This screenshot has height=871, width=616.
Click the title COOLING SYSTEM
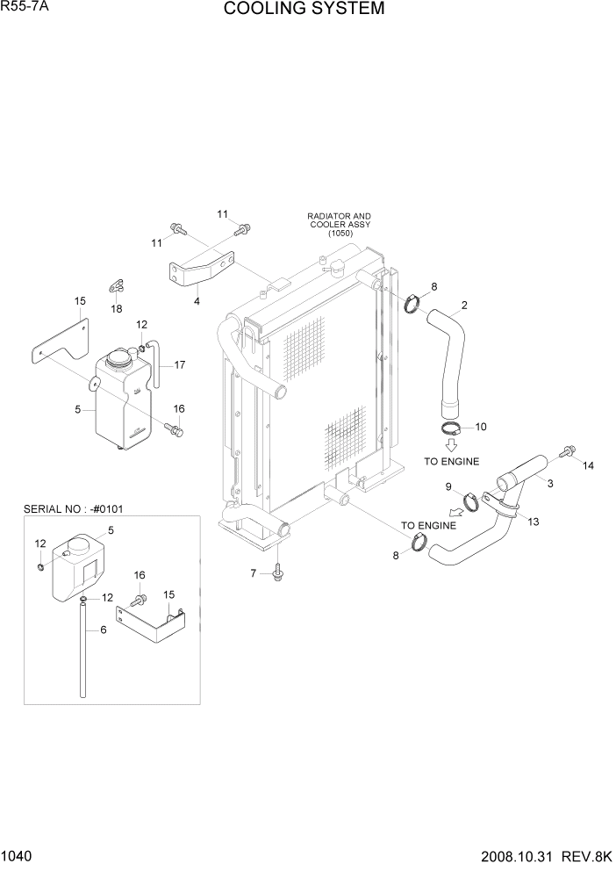click(x=304, y=10)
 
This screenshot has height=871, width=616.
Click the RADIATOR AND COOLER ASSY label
click(x=339, y=224)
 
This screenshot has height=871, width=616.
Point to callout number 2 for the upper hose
click(x=463, y=306)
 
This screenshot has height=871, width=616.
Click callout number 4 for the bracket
click(x=197, y=301)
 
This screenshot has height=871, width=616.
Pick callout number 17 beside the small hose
click(x=179, y=364)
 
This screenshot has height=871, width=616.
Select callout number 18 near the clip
click(x=117, y=309)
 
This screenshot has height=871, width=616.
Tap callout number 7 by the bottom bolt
click(x=254, y=573)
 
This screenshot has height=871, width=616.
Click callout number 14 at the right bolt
click(x=589, y=465)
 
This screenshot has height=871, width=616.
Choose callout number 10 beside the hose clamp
click(x=480, y=427)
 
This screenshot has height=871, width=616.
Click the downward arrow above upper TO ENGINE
click(x=451, y=445)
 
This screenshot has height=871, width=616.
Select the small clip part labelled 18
click(x=117, y=284)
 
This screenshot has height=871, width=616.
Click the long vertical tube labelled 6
click(x=82, y=650)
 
